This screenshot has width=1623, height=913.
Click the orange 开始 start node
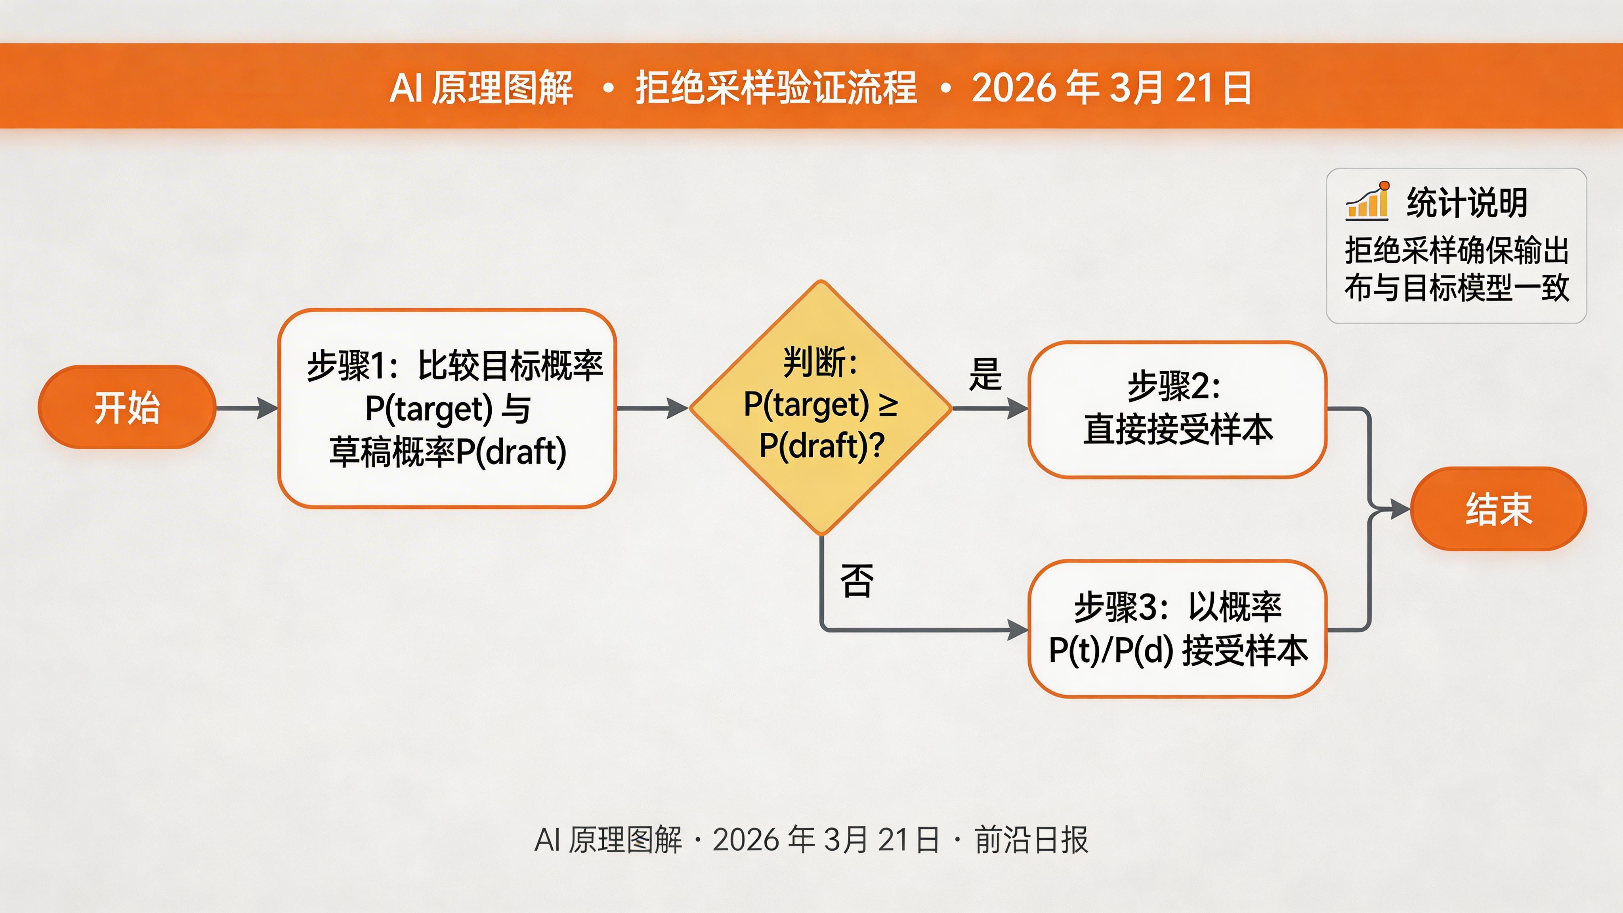click(x=127, y=407)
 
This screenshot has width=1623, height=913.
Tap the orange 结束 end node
click(x=1498, y=508)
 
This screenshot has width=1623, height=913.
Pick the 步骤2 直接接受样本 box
click(x=1177, y=409)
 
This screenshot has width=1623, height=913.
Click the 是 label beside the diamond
click(x=985, y=374)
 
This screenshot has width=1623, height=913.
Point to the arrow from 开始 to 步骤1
click(x=247, y=408)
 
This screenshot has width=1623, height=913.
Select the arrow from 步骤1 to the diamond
click(x=653, y=408)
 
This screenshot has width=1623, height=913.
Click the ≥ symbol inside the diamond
click(x=888, y=405)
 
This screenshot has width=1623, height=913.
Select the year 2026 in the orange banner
click(x=1012, y=88)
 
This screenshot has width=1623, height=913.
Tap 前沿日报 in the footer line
click(x=1031, y=840)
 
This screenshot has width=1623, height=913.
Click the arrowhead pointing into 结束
click(x=1400, y=508)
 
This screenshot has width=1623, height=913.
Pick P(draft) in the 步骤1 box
click(x=510, y=451)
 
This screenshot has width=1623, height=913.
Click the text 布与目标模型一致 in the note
click(x=1456, y=288)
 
